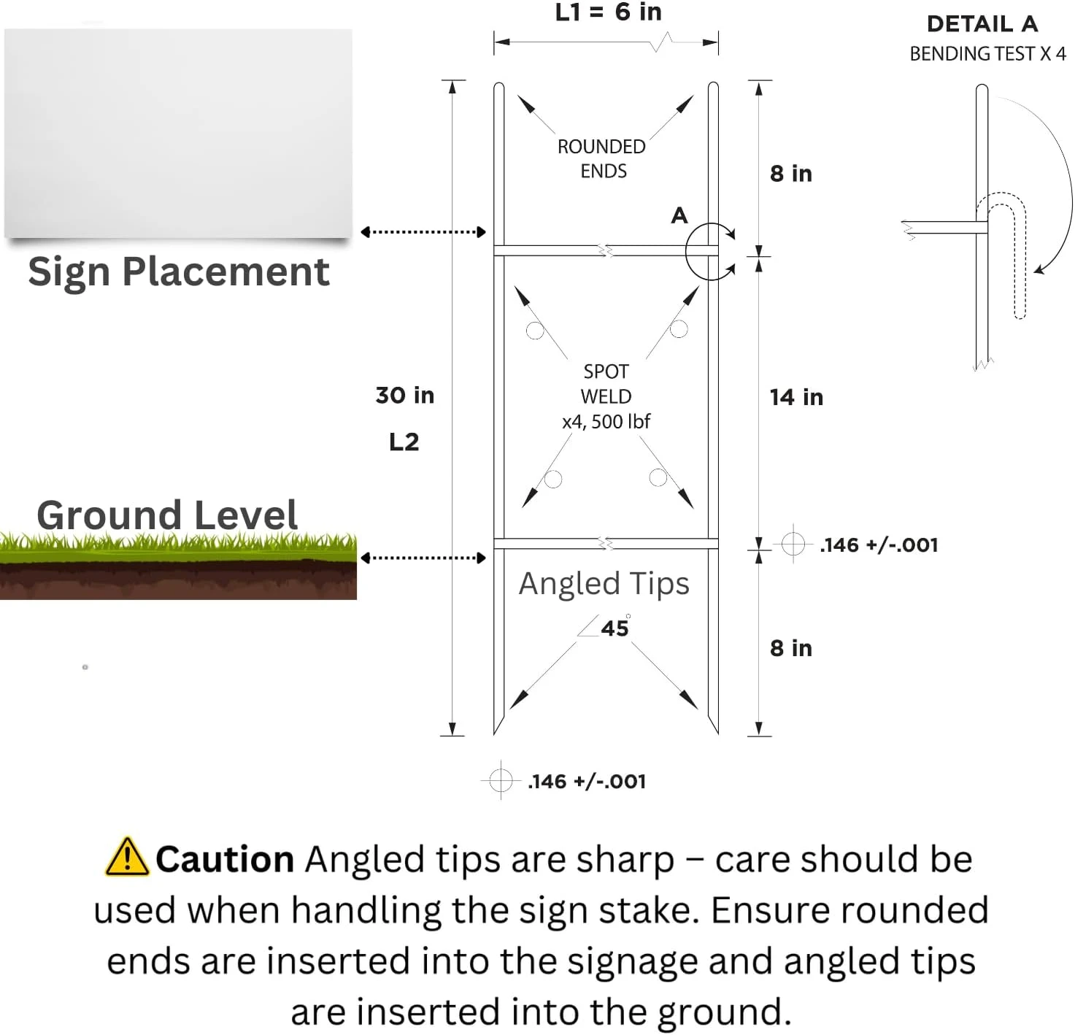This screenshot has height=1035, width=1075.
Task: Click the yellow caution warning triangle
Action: pos(127,856)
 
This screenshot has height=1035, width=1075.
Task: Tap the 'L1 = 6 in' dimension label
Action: pos(608,12)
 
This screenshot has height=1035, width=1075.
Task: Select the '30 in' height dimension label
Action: pos(405,395)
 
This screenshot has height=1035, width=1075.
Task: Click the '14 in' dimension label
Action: pos(796,397)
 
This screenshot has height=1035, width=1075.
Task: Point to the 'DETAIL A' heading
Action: pos(982,24)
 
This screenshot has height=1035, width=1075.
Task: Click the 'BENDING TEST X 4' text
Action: pos(987,53)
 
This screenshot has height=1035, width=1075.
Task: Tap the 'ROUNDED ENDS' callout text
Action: pos(601,158)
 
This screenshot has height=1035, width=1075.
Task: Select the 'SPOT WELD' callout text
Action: pos(606,383)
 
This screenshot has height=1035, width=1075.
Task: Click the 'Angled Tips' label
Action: pos(604,583)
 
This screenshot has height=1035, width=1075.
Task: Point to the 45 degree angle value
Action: pos(614,627)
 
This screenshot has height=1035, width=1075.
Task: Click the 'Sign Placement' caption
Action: pos(178,272)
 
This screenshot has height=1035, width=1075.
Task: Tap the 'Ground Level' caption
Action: pos(167,515)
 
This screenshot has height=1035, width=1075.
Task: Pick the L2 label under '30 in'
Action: pos(404,442)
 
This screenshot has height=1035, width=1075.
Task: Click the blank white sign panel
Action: pos(178,133)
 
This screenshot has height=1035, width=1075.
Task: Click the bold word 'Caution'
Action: pos(224,858)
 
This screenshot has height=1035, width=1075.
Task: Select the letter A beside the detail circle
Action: pos(679,215)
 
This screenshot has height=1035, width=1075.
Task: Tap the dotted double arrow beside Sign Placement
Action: pos(423,232)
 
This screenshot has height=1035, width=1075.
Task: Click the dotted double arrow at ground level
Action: pos(423,558)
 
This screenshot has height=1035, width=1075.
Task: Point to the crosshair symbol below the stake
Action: pos(501,780)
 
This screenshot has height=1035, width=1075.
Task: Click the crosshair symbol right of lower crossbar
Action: pos(793,544)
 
